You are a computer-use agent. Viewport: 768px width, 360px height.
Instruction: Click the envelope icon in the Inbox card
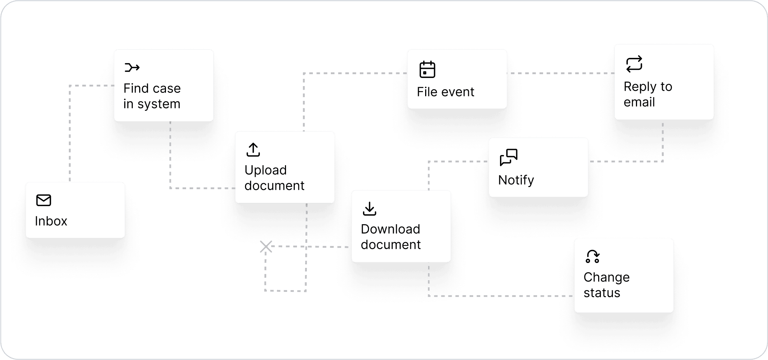pos(44,200)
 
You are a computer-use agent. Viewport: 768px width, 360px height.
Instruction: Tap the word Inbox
pos(51,221)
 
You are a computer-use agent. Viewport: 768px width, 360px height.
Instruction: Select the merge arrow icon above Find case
pos(132,67)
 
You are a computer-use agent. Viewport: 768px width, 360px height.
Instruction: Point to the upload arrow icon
pos(253,150)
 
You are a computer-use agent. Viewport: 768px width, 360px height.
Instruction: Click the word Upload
pos(266,170)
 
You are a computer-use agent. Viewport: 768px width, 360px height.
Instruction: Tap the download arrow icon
pos(369,209)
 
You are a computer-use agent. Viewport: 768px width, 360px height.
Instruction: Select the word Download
pos(390,229)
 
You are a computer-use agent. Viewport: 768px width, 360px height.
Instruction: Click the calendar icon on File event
pos(427,69)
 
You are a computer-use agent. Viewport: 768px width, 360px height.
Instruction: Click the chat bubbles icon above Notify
pos(508,157)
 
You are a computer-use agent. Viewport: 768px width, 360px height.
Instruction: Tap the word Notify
pos(516,180)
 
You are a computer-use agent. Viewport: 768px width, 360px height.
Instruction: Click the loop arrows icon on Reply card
pos(634,64)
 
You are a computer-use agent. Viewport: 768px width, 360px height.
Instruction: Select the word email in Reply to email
pos(639,102)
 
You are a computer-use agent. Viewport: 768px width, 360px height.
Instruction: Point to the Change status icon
pos(592,257)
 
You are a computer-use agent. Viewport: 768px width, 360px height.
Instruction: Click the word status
pos(602,293)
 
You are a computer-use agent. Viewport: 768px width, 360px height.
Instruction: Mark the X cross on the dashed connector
pos(266,247)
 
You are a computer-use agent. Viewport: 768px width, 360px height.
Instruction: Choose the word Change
pos(606,277)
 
